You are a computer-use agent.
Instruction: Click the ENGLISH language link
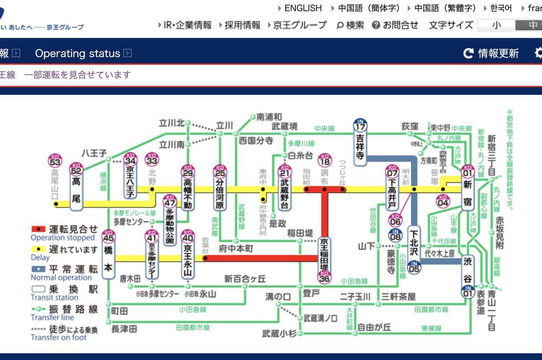tap(303, 8)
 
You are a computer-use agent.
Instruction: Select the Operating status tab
tap(78, 53)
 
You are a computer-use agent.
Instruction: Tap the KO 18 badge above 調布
tap(324, 160)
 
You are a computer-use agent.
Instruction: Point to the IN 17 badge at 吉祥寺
tap(360, 125)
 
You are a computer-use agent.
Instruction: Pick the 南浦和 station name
tap(269, 117)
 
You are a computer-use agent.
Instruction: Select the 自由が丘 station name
tap(374, 327)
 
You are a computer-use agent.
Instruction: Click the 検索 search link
tap(350, 25)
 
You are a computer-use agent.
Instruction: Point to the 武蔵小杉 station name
tap(279, 334)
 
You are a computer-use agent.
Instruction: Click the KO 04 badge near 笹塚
tap(443, 201)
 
